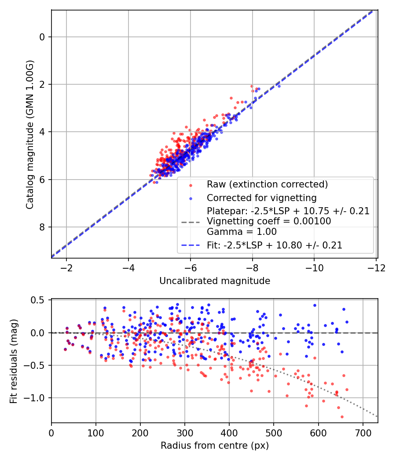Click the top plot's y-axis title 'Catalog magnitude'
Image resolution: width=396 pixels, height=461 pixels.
point(30,134)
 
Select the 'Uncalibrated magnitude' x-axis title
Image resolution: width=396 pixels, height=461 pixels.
point(214,281)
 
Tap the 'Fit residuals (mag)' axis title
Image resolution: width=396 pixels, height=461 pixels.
point(14,361)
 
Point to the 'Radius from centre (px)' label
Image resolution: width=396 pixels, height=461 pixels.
point(214,446)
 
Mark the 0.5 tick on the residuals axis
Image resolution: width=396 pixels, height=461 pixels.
point(40,300)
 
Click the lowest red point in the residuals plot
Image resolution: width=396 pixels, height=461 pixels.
point(341,417)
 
